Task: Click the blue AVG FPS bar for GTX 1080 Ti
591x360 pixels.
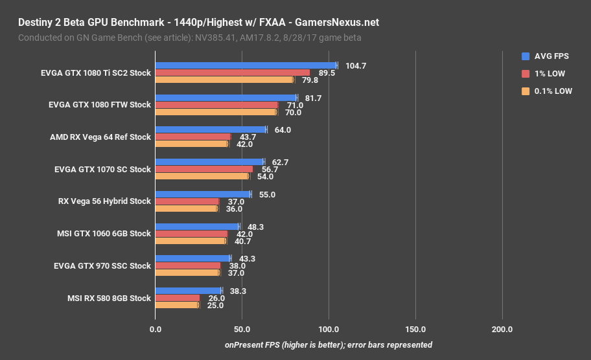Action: [246, 65]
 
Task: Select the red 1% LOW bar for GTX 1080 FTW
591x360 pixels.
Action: [216, 105]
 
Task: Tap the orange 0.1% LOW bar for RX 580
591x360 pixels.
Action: [177, 305]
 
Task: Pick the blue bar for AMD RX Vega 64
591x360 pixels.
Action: [211, 129]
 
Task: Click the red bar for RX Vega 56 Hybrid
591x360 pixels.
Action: [187, 201]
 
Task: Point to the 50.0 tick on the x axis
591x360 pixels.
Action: [242, 330]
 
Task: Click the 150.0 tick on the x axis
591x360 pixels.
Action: [415, 330]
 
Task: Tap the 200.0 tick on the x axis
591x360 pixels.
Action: [502, 330]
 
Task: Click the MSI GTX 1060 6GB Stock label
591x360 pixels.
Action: [104, 234]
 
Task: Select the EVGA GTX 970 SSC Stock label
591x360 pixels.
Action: [100, 266]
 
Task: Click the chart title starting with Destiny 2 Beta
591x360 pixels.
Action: [198, 23]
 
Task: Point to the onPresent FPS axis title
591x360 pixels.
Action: [329, 344]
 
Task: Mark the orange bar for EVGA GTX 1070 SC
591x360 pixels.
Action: [202, 176]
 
